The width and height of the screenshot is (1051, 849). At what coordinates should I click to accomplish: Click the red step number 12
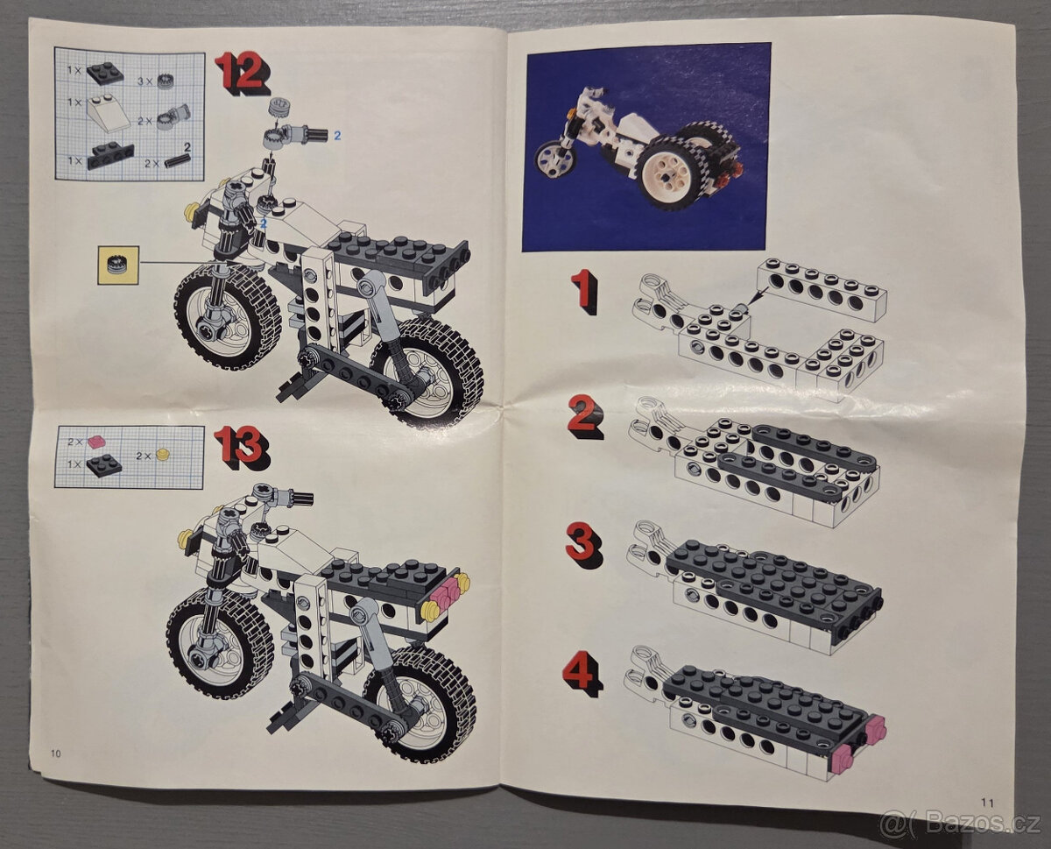pos(240,72)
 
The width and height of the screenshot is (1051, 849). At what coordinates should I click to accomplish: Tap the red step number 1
pos(582,291)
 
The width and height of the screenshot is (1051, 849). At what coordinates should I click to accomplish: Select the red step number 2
pos(584,415)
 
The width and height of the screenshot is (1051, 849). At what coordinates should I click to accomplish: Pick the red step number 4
pos(582,673)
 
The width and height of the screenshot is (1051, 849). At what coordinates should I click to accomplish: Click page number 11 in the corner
pos(986,800)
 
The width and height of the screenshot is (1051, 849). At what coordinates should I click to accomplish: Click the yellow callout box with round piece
pos(118,265)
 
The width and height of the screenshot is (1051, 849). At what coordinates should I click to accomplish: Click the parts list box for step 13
pos(129,456)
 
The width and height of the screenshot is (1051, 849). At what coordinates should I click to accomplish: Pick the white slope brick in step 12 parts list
pos(108,114)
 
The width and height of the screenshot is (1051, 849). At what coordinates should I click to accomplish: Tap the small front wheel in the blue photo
pos(554,159)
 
